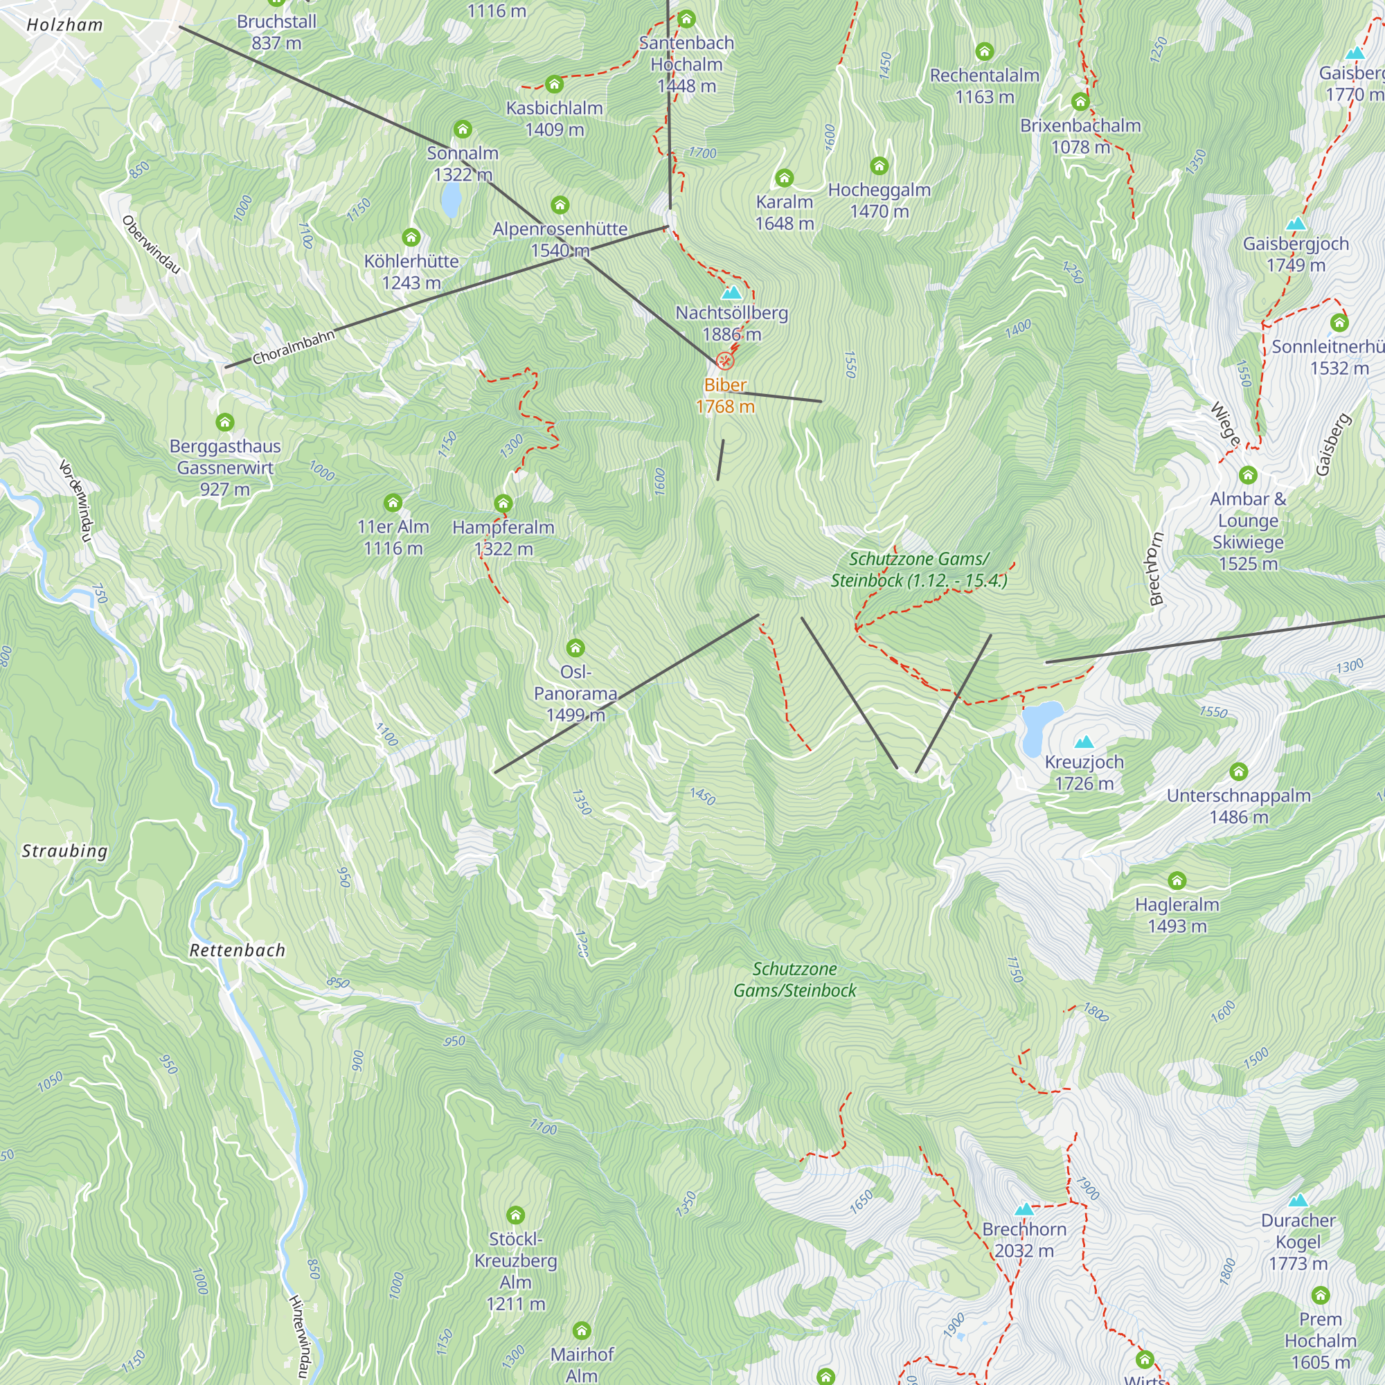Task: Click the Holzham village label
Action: click(64, 25)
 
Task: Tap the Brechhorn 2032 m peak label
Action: click(1024, 1240)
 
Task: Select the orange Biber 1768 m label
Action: click(725, 395)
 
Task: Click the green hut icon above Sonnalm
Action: click(463, 129)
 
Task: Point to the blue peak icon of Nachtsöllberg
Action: click(731, 292)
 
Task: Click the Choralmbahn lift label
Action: click(293, 347)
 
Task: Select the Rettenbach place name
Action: click(238, 951)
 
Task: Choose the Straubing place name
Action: click(64, 851)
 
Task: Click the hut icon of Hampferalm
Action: click(503, 503)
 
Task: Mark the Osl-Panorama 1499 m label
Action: click(575, 693)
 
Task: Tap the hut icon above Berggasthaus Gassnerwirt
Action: click(225, 422)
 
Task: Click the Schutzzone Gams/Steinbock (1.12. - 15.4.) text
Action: click(919, 570)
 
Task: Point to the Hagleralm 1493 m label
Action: click(1177, 915)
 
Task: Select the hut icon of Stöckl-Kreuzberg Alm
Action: click(515, 1215)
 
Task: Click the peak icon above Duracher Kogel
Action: click(1298, 1200)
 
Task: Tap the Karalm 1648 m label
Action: click(785, 213)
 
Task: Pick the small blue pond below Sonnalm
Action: click(450, 199)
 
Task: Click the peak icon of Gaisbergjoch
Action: click(1296, 224)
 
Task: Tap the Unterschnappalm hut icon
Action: click(1239, 771)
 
